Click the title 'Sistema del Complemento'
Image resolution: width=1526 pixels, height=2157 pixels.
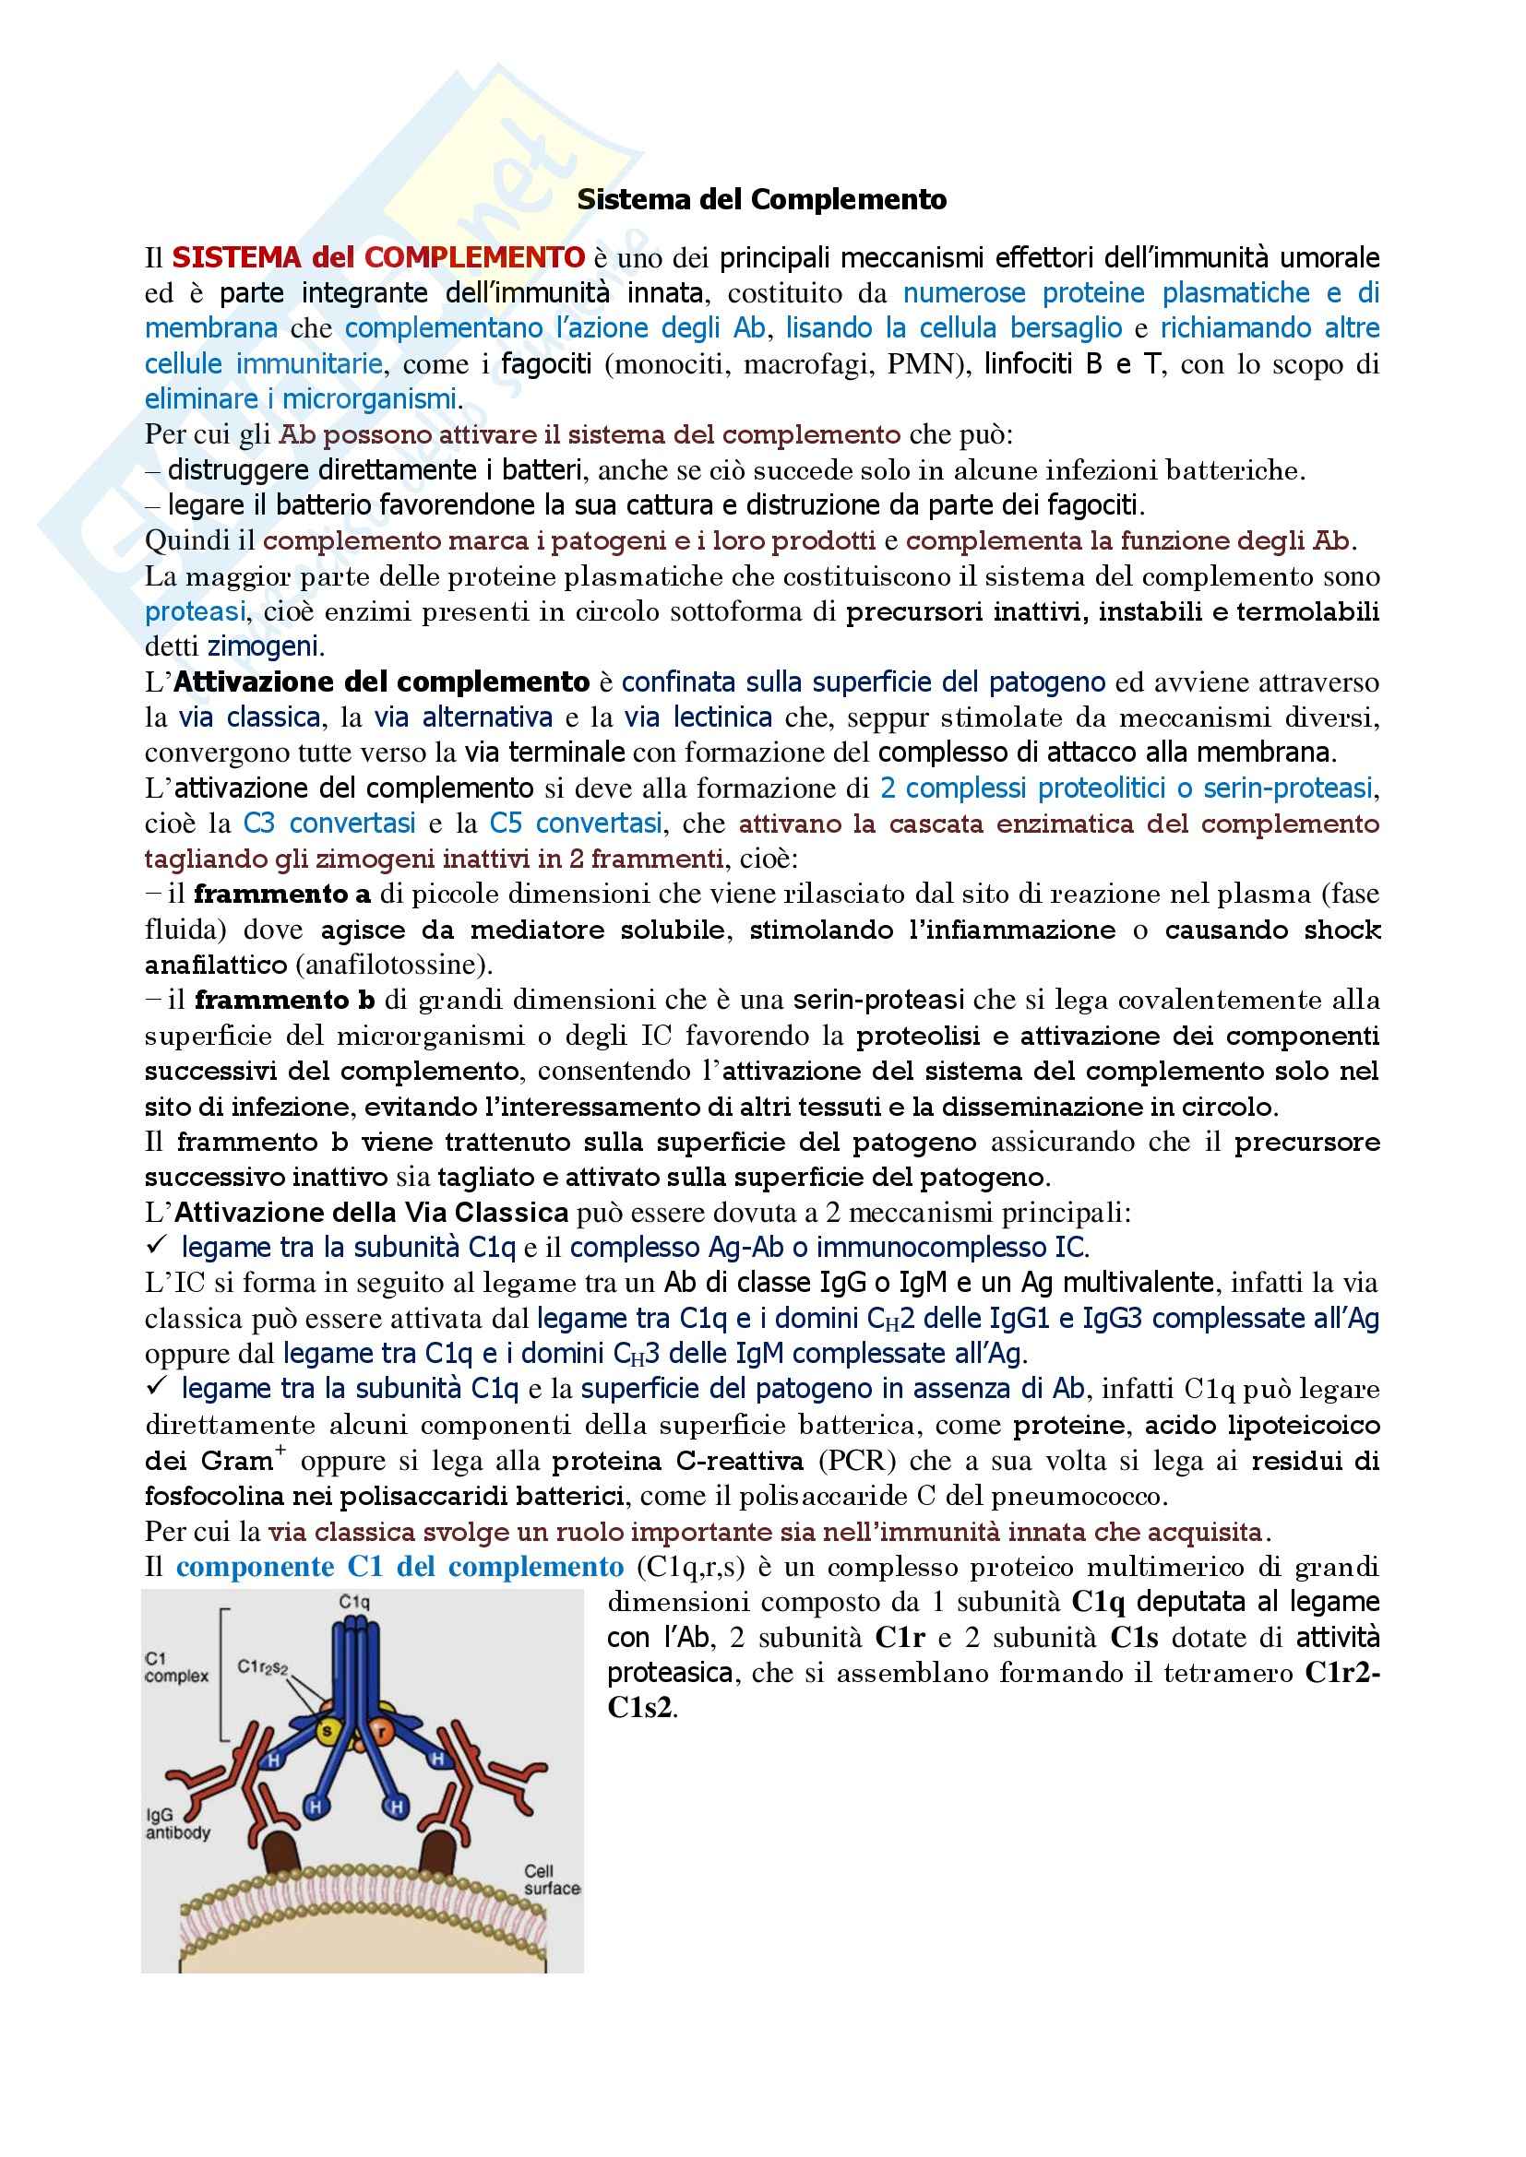[761, 200]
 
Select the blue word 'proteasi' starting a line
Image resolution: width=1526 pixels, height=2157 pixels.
[195, 611]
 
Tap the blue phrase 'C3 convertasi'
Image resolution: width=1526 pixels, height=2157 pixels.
[328, 823]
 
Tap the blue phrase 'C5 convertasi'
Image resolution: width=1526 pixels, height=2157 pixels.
[575, 823]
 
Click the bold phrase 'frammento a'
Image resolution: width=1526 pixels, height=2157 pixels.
[282, 894]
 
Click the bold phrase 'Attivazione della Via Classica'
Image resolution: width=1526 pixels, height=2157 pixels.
[371, 1212]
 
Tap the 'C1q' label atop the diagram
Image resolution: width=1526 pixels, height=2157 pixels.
[354, 1602]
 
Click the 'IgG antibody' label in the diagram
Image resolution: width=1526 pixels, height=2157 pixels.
[177, 1823]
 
